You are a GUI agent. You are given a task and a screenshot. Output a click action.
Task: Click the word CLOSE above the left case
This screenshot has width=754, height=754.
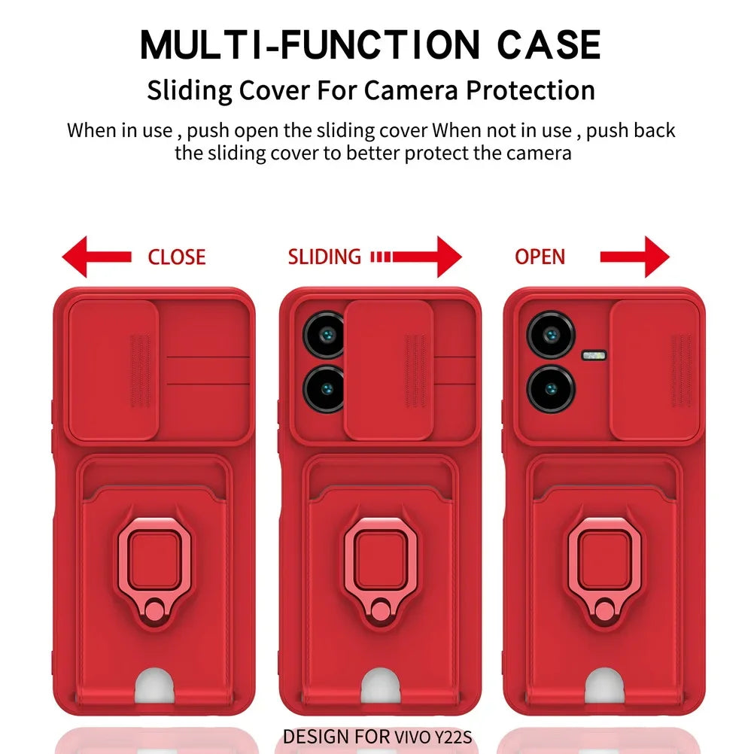pyautogui.click(x=176, y=257)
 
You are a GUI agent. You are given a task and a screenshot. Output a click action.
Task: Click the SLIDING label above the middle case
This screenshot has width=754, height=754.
pyautogui.click(x=324, y=257)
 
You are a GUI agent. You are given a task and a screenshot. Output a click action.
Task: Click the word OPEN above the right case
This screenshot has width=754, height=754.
pyautogui.click(x=540, y=257)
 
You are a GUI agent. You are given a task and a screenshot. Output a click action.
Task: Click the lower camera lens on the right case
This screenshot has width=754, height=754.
pyautogui.click(x=552, y=388)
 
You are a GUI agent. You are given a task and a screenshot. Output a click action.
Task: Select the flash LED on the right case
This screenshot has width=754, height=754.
pyautogui.click(x=593, y=354)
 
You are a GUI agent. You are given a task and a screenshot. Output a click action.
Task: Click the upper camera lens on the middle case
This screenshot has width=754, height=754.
pyautogui.click(x=325, y=334)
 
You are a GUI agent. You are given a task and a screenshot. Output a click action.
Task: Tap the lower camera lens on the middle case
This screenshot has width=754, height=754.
pyautogui.click(x=325, y=388)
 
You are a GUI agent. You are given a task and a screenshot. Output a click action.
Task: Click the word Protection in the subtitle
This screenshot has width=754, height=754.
pyautogui.click(x=530, y=90)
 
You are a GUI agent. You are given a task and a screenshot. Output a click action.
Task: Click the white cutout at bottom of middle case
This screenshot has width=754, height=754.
pyautogui.click(x=380, y=686)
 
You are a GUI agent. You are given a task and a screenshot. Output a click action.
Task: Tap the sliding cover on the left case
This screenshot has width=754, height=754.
pyautogui.click(x=114, y=369)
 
